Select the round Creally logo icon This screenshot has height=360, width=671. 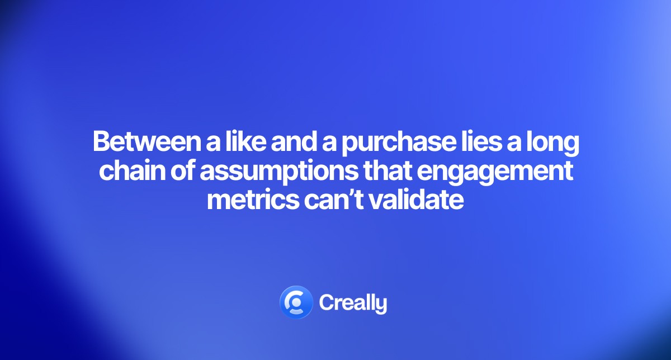(295, 302)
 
